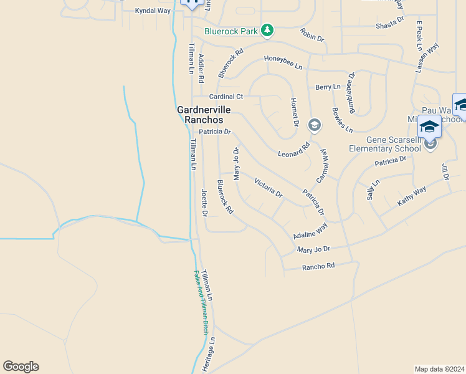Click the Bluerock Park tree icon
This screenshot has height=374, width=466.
(x=267, y=31)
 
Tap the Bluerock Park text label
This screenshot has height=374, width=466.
(x=231, y=31)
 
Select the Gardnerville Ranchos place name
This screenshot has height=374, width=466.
(x=204, y=115)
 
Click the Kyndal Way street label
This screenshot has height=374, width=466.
(x=153, y=11)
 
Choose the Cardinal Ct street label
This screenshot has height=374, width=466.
(x=226, y=97)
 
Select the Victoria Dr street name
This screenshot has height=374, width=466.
(x=269, y=187)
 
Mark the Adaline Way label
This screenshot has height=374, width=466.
(x=310, y=231)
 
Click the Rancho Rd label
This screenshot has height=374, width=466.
(x=318, y=266)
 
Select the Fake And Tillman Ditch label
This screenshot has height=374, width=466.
(x=201, y=302)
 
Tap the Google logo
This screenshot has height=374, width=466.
(x=21, y=367)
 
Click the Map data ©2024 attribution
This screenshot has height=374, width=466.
(x=439, y=368)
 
